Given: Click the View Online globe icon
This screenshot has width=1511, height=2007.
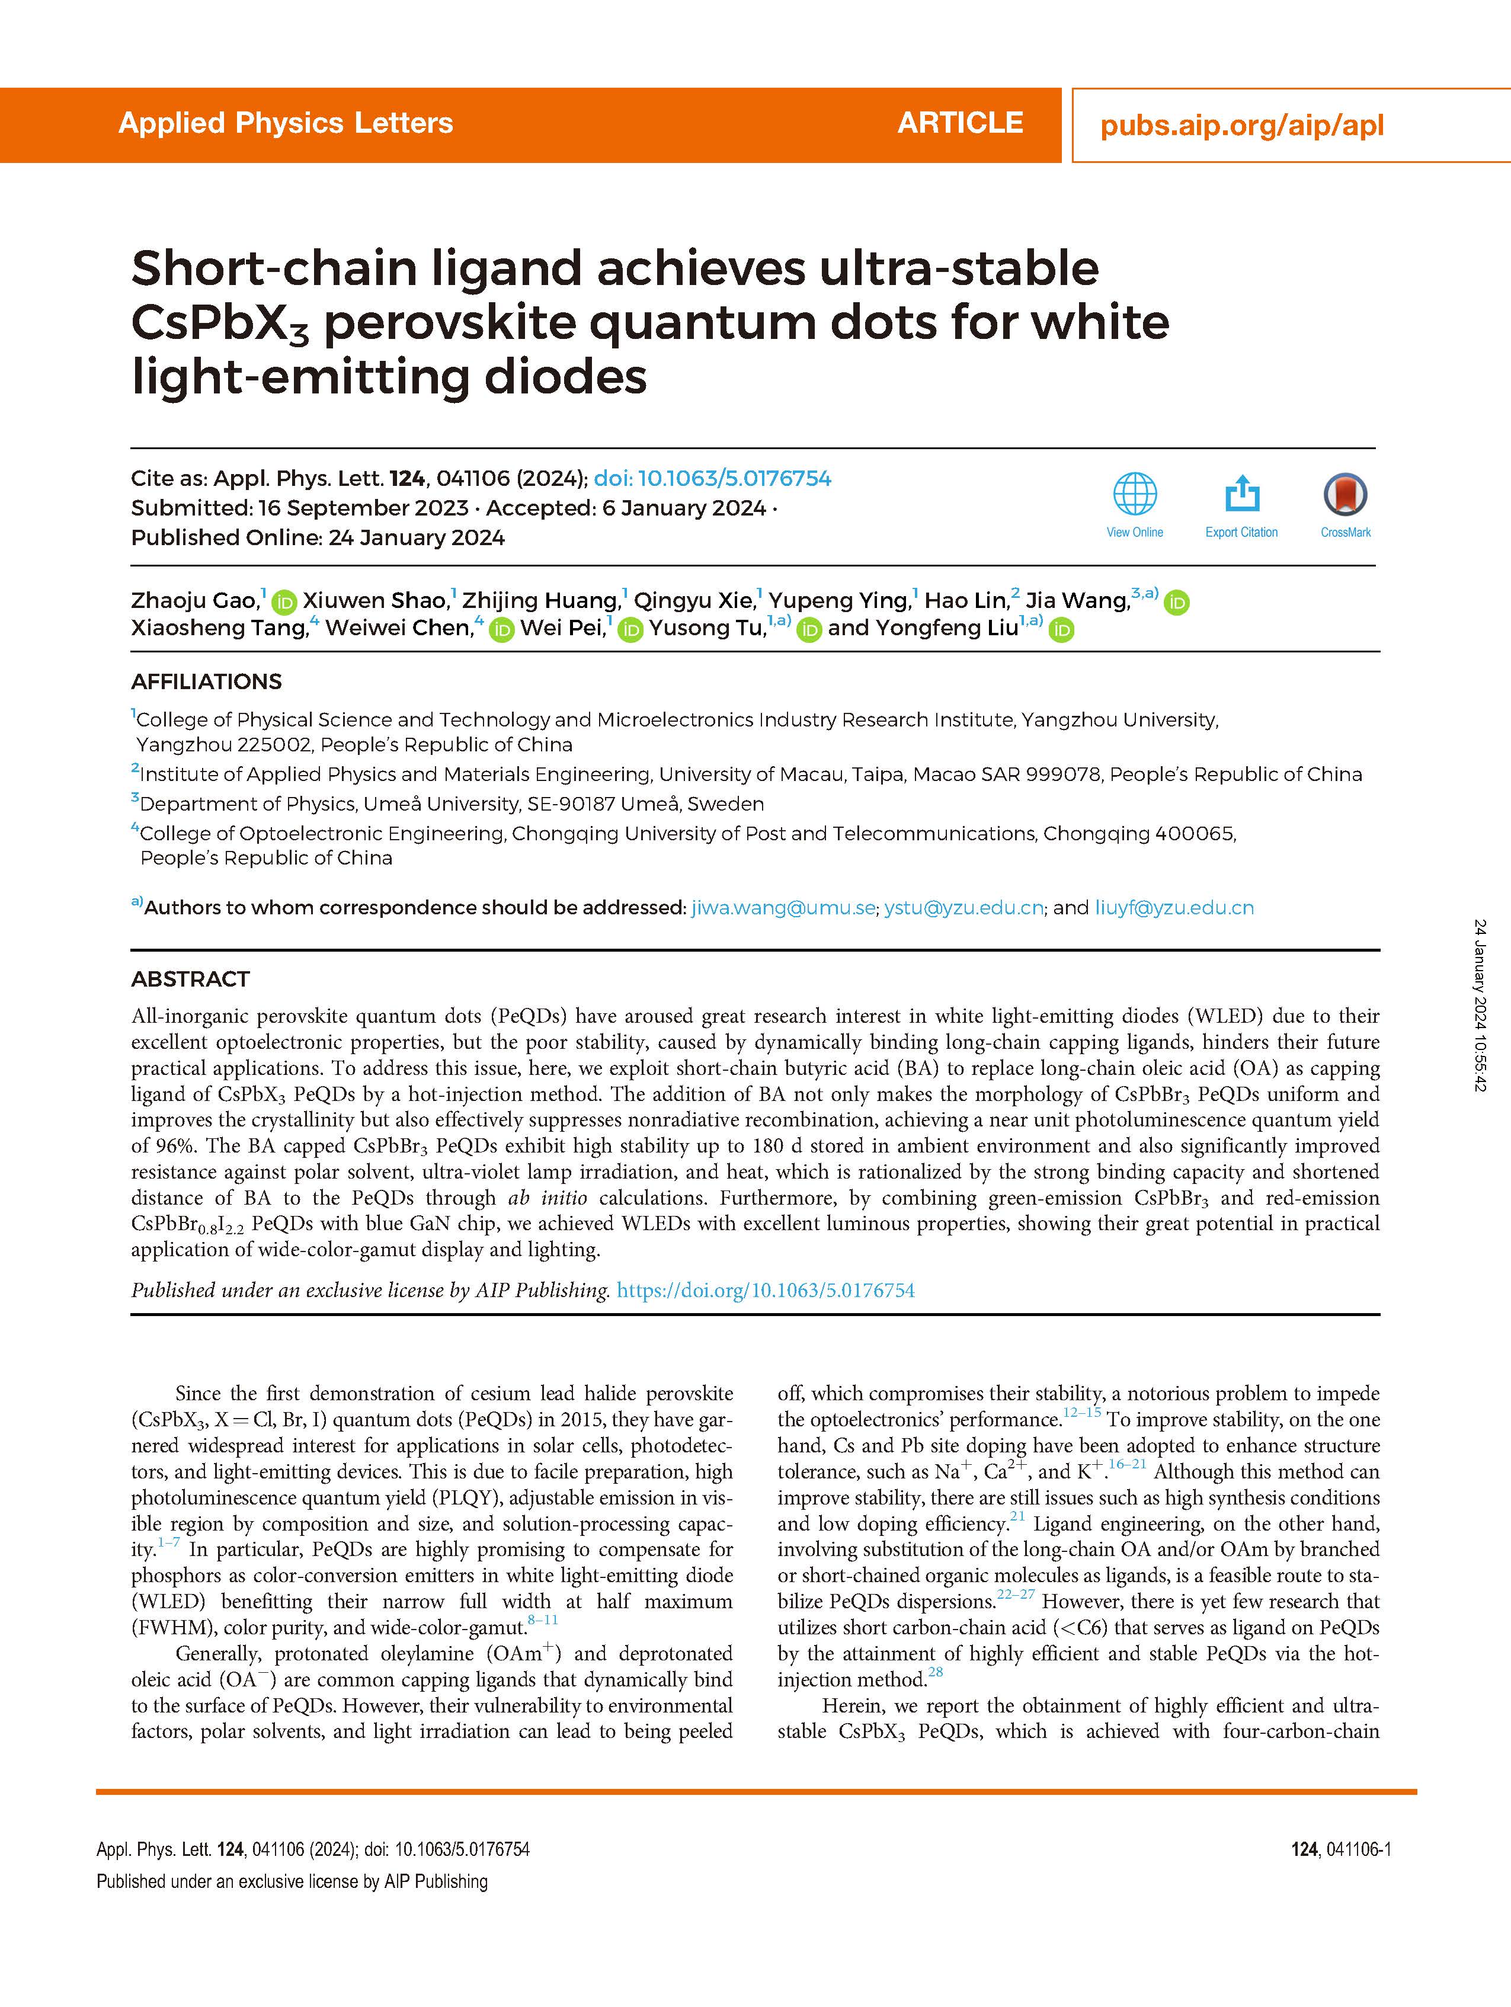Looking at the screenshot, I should point(1134,495).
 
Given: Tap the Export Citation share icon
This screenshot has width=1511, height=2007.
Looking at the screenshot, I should point(1241,495).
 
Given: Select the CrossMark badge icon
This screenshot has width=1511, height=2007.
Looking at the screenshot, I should point(1345,495).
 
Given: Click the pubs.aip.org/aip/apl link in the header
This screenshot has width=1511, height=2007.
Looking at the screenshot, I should point(1241,125).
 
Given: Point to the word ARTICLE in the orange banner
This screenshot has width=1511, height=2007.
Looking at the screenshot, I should point(960,123).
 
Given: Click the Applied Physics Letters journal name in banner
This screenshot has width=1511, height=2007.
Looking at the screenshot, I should point(286,123).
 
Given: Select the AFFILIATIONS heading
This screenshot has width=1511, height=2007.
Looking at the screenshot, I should point(206,681).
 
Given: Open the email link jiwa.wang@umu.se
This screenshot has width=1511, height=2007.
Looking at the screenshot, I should point(783,907).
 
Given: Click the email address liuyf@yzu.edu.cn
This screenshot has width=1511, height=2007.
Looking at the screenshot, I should point(1174,907).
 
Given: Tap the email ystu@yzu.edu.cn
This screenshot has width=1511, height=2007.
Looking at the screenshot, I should point(963,907).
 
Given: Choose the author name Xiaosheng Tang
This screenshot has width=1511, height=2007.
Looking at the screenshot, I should point(219,628).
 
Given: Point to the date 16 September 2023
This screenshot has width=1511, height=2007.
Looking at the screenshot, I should point(363,508).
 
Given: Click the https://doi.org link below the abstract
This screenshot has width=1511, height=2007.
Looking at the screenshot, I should point(765,1290).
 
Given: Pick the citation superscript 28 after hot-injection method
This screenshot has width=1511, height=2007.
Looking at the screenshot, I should point(936,1671).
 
